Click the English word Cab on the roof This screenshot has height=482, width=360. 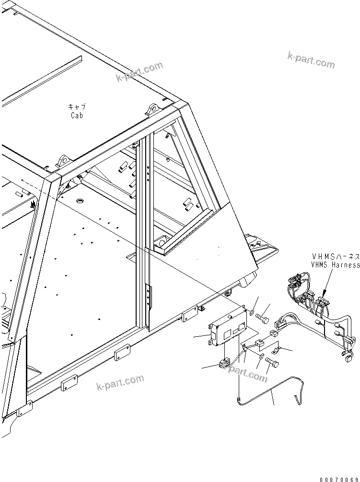(76, 115)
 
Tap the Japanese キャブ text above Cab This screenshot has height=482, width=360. (76, 107)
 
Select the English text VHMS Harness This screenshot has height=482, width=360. (335, 264)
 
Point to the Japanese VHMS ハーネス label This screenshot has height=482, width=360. (335, 257)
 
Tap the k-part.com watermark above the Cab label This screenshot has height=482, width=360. (139, 71)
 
